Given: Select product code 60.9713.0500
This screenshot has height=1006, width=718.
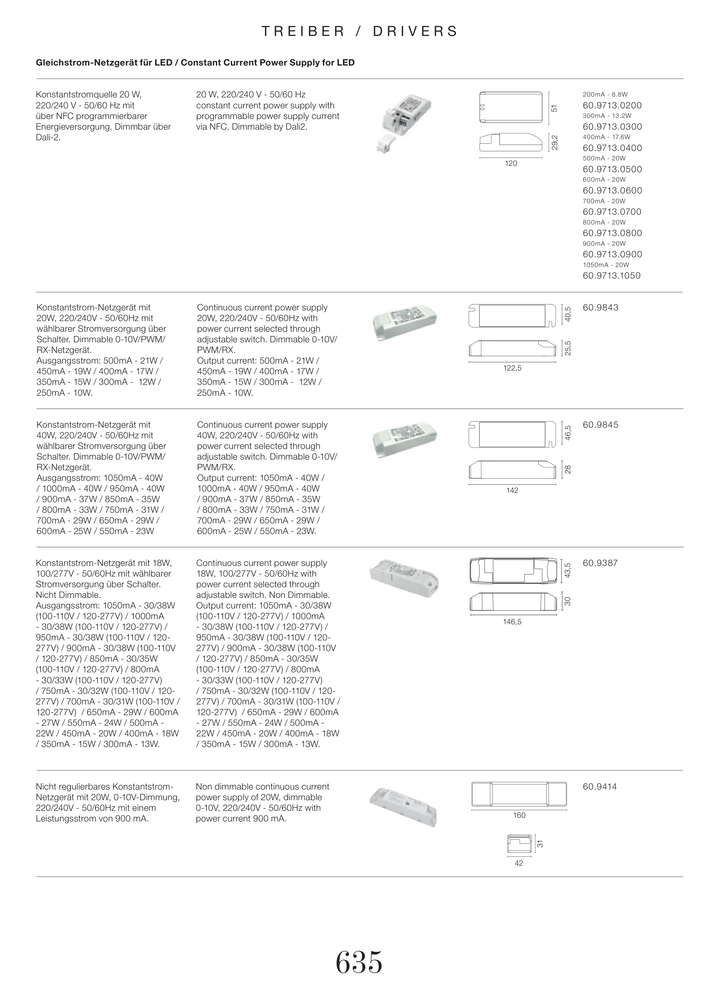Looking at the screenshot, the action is tap(612, 169).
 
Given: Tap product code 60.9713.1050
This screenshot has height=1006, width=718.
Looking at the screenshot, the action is tap(611, 276).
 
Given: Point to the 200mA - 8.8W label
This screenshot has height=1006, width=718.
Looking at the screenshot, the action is tap(605, 95).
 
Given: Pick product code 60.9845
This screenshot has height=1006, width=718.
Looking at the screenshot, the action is tap(601, 425).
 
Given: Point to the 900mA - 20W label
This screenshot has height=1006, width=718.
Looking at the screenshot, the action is tap(604, 244).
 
